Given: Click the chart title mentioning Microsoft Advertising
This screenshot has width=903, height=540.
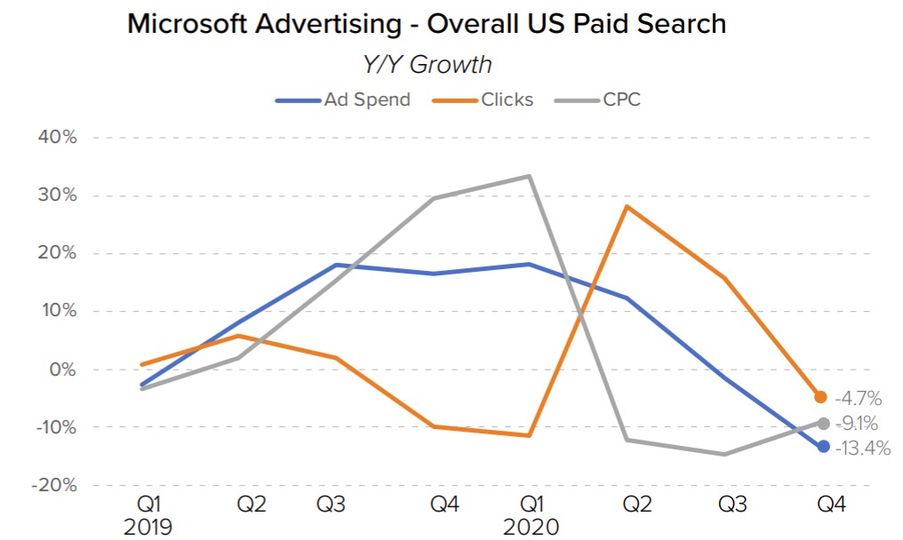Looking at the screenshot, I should [x=427, y=24].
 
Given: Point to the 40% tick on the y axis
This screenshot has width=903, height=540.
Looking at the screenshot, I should [x=56, y=138].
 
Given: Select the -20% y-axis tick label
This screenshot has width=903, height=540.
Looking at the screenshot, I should [x=54, y=486].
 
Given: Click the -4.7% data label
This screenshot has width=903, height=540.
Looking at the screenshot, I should [x=858, y=399].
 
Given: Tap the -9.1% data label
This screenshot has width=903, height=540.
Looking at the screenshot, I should [x=858, y=425].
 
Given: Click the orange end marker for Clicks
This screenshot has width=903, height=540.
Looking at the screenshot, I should [x=822, y=397].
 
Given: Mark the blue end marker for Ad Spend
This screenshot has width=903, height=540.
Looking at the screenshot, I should [x=823, y=446].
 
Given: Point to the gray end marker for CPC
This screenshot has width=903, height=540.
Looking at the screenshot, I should [x=823, y=424].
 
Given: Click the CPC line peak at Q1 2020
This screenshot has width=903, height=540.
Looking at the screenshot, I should [x=529, y=176].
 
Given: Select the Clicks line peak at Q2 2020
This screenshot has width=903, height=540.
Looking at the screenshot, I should [x=627, y=206].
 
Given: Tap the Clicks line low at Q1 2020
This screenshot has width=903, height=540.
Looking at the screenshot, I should [x=529, y=435].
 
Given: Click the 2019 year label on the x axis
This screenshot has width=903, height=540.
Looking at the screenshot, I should [x=148, y=527].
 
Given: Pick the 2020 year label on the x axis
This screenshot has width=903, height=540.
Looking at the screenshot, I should [x=531, y=527].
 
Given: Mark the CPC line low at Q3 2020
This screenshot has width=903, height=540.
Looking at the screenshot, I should [x=725, y=454].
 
